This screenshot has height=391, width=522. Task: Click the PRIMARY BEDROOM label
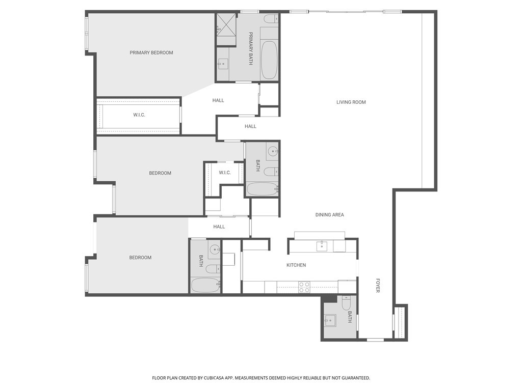click(x=151, y=52)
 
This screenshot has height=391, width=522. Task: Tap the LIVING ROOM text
click(x=351, y=102)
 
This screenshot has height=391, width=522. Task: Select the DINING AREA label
click(x=329, y=215)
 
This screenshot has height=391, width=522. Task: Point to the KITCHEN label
click(x=296, y=265)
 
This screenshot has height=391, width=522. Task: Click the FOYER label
click(x=378, y=285)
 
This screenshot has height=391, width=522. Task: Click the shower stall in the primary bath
click(x=226, y=24)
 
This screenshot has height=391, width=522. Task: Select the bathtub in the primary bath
click(x=269, y=60)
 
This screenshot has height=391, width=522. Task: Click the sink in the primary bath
click(x=223, y=64)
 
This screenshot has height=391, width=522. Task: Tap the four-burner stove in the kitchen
click(x=304, y=287)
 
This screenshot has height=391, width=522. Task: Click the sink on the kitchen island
click(x=322, y=246)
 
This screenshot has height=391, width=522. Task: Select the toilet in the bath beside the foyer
click(x=346, y=304)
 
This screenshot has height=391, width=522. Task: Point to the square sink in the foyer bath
click(x=330, y=321)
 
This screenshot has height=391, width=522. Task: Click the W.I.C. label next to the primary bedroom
click(x=139, y=115)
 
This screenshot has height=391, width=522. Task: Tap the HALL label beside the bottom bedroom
click(x=219, y=227)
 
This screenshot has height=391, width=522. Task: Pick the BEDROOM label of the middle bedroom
click(x=160, y=173)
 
